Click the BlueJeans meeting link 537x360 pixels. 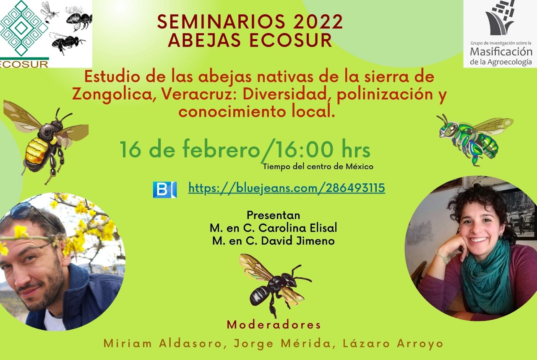point(287,188)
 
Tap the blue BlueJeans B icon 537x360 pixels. point(165,190)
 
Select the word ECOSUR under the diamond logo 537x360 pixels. point(24,64)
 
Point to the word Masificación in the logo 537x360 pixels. point(501,51)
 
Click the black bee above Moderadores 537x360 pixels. point(274,284)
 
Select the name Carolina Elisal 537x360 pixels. point(298,228)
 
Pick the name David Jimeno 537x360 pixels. point(298,241)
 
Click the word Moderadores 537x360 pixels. point(274,325)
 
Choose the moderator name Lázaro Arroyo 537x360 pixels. point(393,344)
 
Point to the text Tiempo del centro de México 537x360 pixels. point(318,166)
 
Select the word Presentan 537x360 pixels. point(274,215)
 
